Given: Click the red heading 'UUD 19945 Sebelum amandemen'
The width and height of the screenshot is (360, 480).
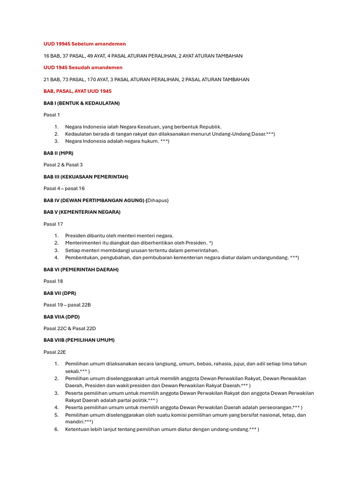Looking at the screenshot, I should click(x=84, y=44).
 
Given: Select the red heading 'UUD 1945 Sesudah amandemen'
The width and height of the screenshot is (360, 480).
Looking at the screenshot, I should click(x=82, y=67).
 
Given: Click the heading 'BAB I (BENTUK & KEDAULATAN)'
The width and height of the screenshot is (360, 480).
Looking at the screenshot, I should click(x=82, y=103).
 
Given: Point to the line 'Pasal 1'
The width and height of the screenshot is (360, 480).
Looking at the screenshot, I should click(x=52, y=115).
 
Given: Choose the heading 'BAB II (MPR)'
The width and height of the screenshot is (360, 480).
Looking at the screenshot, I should click(x=58, y=153).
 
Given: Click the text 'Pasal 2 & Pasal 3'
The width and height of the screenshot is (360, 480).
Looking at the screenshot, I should click(x=63, y=165).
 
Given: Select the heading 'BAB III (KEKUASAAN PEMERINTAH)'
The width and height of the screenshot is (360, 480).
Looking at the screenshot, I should click(x=86, y=177).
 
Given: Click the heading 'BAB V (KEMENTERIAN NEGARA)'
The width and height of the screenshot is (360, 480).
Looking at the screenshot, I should click(x=82, y=212).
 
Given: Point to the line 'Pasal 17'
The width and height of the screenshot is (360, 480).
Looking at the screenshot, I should click(x=53, y=224).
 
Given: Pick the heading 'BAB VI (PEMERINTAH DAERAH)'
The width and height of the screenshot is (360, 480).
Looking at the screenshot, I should click(x=81, y=270).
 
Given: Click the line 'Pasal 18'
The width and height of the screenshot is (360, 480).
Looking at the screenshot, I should click(x=53, y=281).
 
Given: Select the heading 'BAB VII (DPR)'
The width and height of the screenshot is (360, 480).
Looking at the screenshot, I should click(x=60, y=293).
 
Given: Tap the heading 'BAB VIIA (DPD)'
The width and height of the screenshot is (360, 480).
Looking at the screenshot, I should click(x=61, y=316).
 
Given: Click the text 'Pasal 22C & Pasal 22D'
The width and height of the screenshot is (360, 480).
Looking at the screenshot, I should click(x=69, y=328).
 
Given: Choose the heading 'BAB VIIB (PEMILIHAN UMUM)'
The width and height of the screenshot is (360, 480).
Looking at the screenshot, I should click(x=79, y=340).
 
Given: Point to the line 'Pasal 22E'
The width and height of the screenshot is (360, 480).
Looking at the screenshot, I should click(x=55, y=352).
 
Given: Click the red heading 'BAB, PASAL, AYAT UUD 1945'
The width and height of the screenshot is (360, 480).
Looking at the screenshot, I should click(x=77, y=91).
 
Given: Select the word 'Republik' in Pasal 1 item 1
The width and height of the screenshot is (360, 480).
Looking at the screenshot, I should click(x=210, y=127).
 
